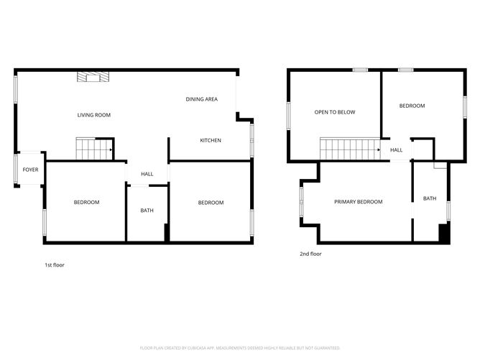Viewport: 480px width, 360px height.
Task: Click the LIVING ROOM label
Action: pyautogui.click(x=93, y=115)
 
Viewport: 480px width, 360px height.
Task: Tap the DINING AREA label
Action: pyautogui.click(x=201, y=99)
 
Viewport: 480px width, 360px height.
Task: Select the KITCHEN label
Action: pyautogui.click(x=210, y=140)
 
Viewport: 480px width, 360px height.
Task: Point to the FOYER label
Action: pyautogui.click(x=30, y=170)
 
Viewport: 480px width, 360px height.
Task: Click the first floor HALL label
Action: pyautogui.click(x=147, y=174)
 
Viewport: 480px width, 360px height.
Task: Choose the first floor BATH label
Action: pyautogui.click(x=147, y=211)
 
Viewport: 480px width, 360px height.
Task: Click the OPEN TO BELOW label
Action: pyautogui.click(x=335, y=112)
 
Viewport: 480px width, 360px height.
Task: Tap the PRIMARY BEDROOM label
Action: pyautogui.click(x=358, y=202)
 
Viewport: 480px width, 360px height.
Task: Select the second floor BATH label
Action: pyautogui.click(x=429, y=198)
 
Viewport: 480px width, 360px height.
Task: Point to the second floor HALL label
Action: pyautogui.click(x=396, y=150)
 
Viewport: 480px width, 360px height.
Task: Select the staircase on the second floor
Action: pyautogui.click(x=349, y=149)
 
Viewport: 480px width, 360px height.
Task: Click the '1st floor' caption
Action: pyautogui.click(x=55, y=265)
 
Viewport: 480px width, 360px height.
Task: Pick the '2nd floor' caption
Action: pyautogui.click(x=310, y=254)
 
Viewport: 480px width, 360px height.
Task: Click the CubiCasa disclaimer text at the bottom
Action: pyautogui.click(x=239, y=347)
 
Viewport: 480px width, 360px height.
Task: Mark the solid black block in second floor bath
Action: pyautogui.click(x=443, y=233)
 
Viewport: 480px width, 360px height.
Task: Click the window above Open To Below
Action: pyautogui.click(x=360, y=70)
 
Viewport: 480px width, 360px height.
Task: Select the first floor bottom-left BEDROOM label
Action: pyautogui.click(x=86, y=203)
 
